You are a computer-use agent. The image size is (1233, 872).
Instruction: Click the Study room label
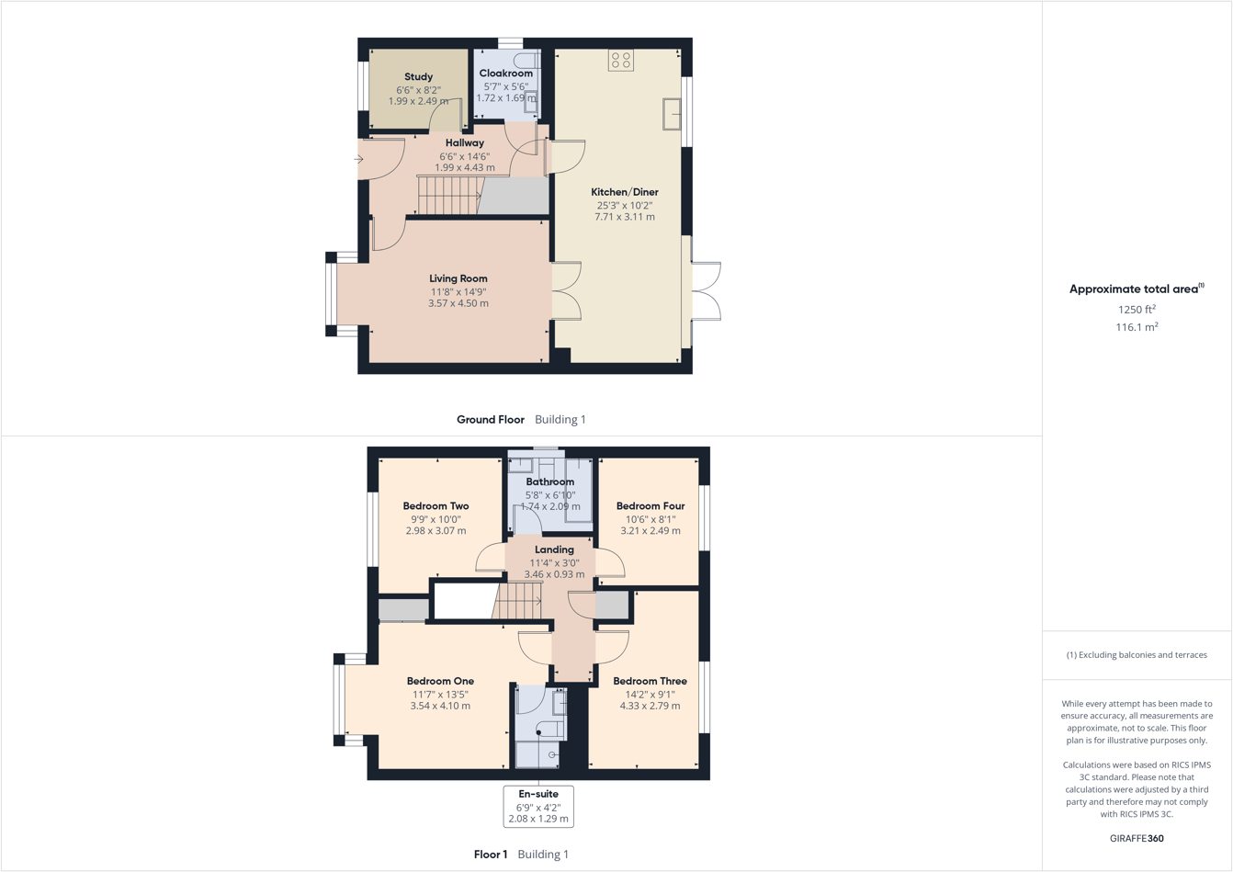tap(418, 77)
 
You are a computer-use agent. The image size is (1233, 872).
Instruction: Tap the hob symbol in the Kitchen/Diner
tap(621, 61)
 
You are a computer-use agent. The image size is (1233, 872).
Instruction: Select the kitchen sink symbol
tap(672, 113)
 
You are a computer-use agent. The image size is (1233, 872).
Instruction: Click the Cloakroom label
tap(505, 74)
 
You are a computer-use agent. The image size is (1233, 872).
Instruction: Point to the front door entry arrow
tap(359, 160)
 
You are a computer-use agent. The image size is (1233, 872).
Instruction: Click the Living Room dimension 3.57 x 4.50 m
tap(458, 303)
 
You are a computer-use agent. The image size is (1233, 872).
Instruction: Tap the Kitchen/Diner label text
tap(624, 192)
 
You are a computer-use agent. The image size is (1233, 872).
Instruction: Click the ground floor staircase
tap(449, 196)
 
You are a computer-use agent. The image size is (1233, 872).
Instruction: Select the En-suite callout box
tap(538, 806)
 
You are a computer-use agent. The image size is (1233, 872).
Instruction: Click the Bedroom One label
tap(440, 681)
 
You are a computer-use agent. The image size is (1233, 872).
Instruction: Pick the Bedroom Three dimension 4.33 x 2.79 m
tap(650, 706)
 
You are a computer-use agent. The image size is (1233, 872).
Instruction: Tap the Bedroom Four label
tap(650, 506)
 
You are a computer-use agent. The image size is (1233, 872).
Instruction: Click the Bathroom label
tap(549, 481)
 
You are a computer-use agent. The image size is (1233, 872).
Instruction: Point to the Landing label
tap(554, 549)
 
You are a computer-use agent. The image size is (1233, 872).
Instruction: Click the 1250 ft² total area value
tap(1137, 310)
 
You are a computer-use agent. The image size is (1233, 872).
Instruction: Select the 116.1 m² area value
tap(1137, 327)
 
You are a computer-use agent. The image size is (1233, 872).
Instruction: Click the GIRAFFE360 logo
tap(1137, 838)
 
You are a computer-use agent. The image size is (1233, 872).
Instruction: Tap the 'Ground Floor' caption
tap(491, 419)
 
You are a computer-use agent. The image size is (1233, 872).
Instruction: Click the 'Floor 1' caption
tap(491, 855)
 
